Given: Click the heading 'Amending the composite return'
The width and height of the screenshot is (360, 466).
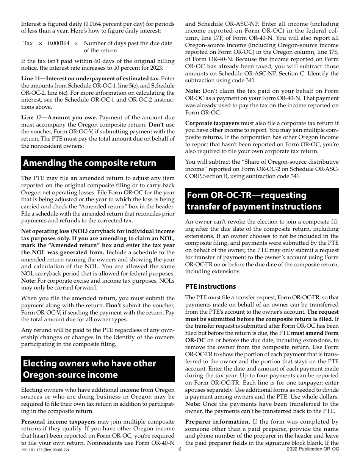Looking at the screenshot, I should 89,163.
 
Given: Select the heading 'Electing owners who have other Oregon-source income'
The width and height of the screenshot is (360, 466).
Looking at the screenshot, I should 89,369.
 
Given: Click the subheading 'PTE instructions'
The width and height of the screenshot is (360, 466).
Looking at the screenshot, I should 210,286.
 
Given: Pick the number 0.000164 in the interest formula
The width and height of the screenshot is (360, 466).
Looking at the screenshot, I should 58,43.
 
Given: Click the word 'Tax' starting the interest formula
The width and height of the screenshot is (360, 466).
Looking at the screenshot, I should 28,43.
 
